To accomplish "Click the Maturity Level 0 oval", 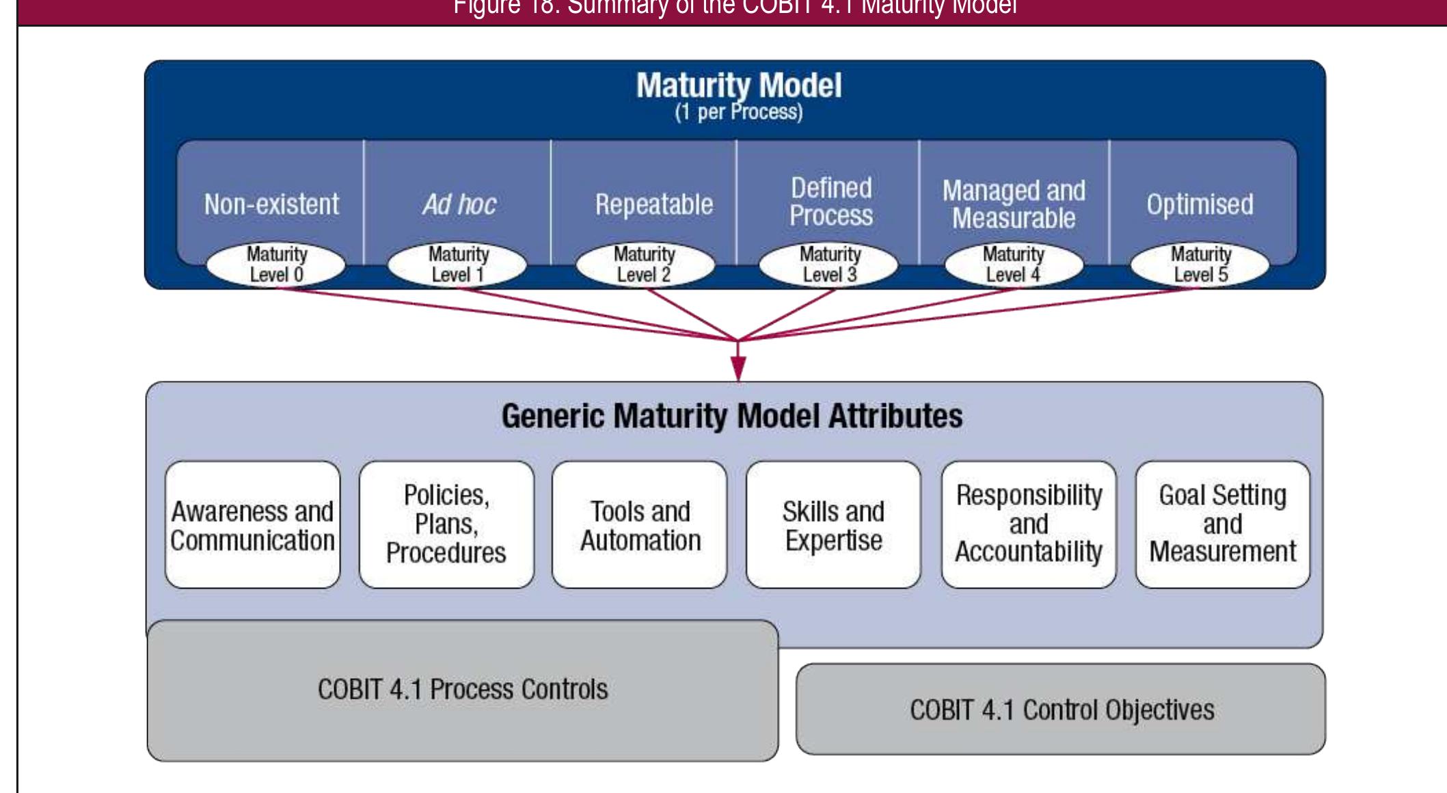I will pyautogui.click(x=276, y=265).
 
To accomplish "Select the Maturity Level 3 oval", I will pyautogui.click(x=829, y=265).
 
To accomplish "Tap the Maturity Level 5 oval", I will pyautogui.click(x=1200, y=265).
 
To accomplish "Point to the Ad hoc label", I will pyautogui.click(x=459, y=204).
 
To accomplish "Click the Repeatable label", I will pyautogui.click(x=653, y=204).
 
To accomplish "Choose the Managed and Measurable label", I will pyautogui.click(x=1014, y=204).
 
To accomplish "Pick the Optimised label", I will pyautogui.click(x=1200, y=204).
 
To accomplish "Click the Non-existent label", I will pyautogui.click(x=271, y=204).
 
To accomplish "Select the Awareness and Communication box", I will pyautogui.click(x=252, y=525).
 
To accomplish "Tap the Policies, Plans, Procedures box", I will pyautogui.click(x=446, y=525).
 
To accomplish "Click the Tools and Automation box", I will pyautogui.click(x=640, y=525).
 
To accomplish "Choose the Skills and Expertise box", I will pyautogui.click(x=833, y=525).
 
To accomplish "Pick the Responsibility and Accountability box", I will pyautogui.click(x=1029, y=525).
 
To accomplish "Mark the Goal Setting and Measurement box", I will pyautogui.click(x=1222, y=525).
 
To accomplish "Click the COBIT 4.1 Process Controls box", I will pyautogui.click(x=463, y=690).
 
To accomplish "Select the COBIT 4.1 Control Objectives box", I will pyautogui.click(x=1061, y=710).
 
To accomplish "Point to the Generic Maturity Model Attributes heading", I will pyautogui.click(x=732, y=416).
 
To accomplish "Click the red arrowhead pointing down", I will pyautogui.click(x=738, y=369).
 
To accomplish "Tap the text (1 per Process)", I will pyautogui.click(x=738, y=112).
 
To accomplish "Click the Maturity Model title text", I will pyautogui.click(x=738, y=85).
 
